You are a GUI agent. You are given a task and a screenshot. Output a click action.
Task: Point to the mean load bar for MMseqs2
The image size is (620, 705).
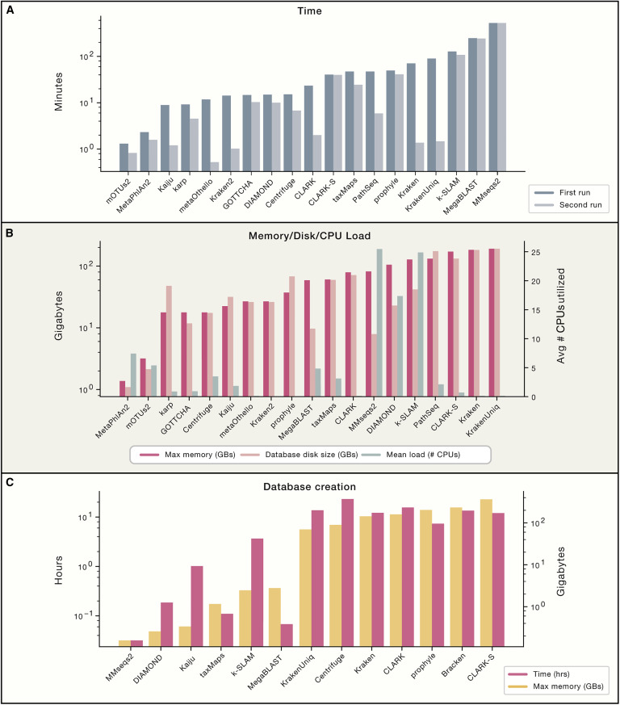(379, 322)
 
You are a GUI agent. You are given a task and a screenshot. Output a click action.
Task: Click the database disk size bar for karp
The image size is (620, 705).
(169, 341)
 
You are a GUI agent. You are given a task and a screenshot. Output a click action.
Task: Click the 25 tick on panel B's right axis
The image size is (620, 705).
(529, 252)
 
